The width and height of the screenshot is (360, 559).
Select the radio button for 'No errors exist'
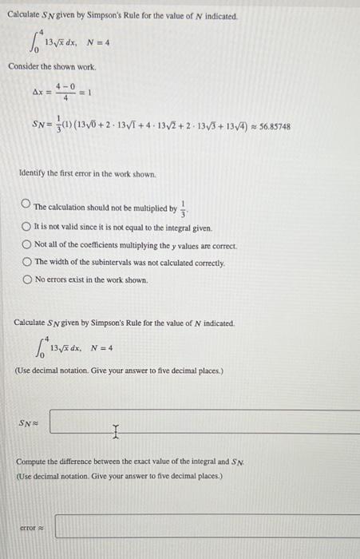pyautogui.click(x=27, y=279)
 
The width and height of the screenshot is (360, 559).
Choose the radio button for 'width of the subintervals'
pyautogui.click(x=27, y=262)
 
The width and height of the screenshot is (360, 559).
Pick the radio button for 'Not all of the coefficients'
pyautogui.click(x=27, y=244)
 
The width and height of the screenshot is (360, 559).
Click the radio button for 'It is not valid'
pyautogui.click(x=27, y=227)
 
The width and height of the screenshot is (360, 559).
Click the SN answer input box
pyautogui.click(x=204, y=422)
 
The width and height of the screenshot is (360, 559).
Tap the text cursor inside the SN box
pyautogui.click(x=117, y=432)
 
